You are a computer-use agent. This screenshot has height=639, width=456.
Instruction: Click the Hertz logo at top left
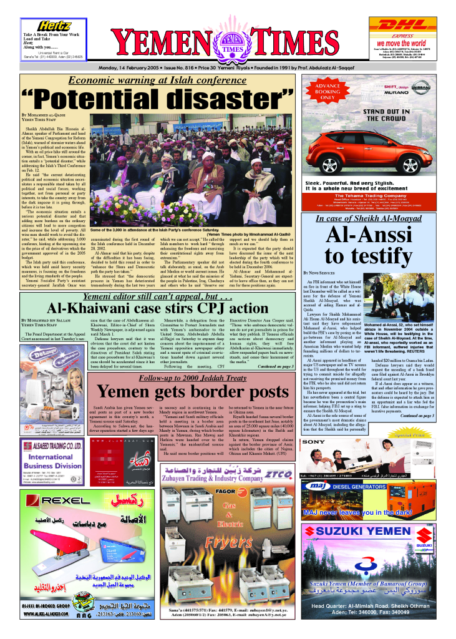(55, 26)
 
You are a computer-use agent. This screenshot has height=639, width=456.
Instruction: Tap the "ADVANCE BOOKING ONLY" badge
(327, 91)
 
